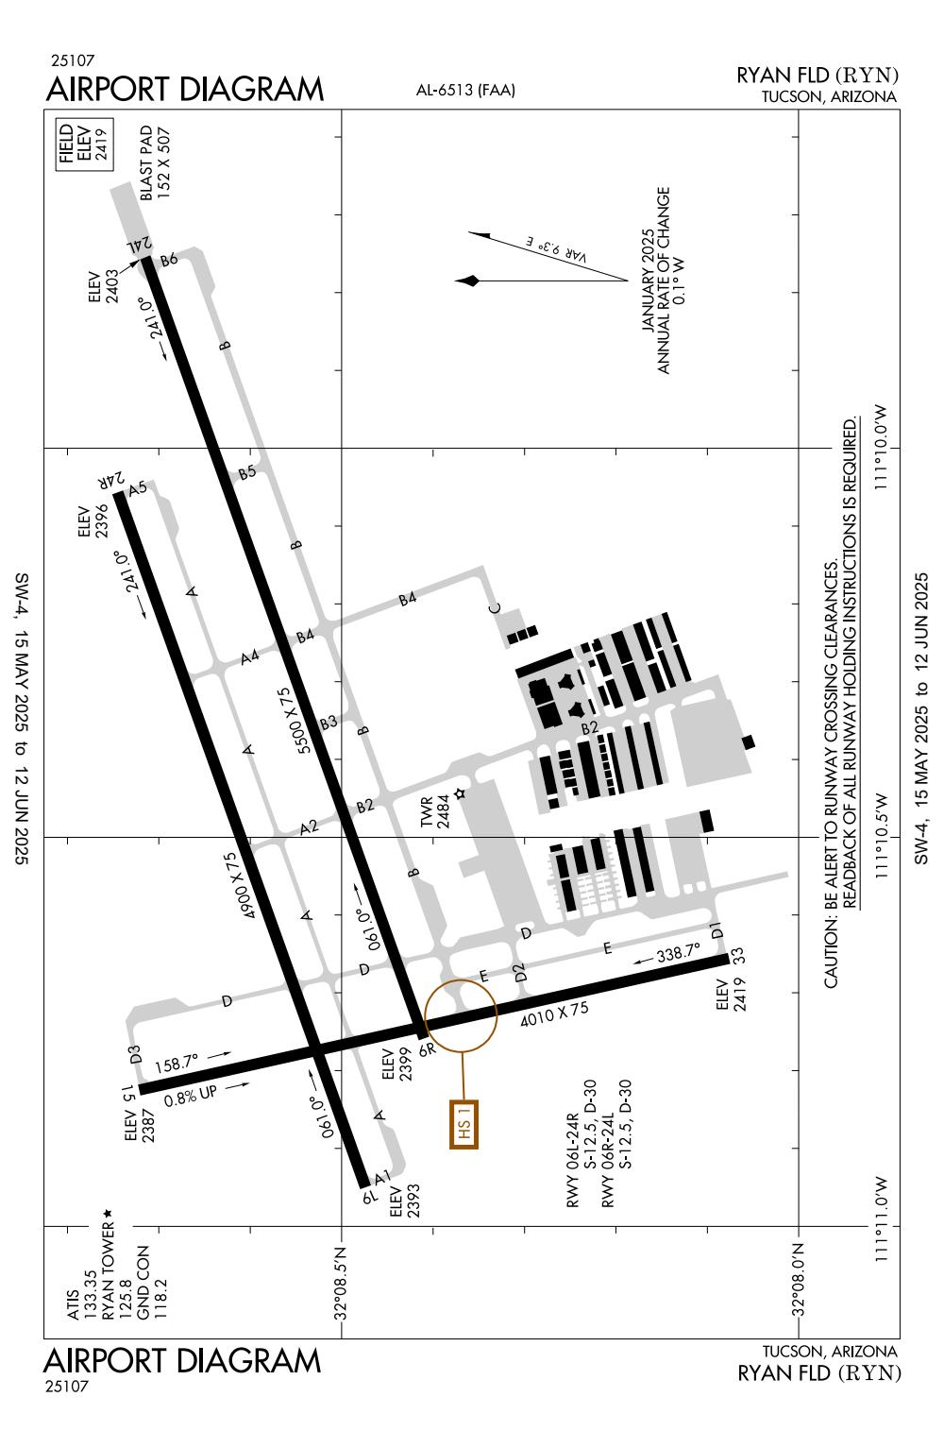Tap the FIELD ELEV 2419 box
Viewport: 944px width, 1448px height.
pos(85,145)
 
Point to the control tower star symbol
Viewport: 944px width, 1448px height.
pos(460,793)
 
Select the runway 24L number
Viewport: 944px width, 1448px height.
pos(140,245)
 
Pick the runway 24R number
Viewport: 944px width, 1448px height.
pos(110,482)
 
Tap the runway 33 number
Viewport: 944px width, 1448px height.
pos(737,956)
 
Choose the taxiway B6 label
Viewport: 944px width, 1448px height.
pos(169,260)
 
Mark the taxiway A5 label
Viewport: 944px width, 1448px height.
pos(138,488)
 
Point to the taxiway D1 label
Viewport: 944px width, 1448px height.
pos(716,931)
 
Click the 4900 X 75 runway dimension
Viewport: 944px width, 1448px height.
pos(241,885)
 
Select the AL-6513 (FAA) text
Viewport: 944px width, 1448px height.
pos(465,90)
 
